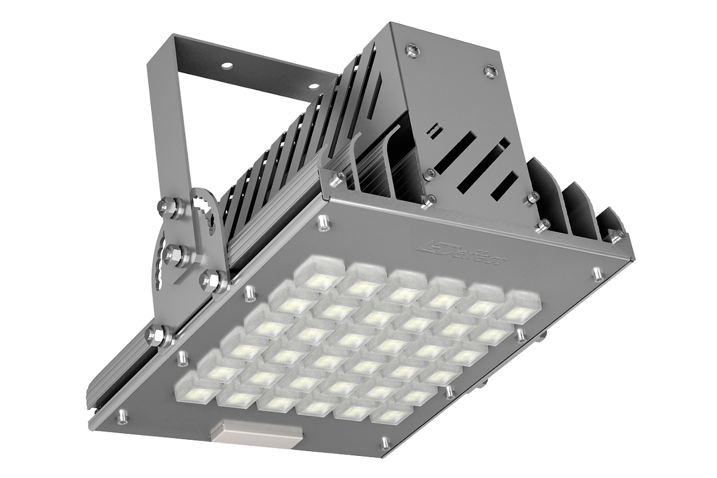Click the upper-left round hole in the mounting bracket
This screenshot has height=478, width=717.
pos(227,65)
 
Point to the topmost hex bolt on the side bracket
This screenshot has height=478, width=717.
pos(167,205)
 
